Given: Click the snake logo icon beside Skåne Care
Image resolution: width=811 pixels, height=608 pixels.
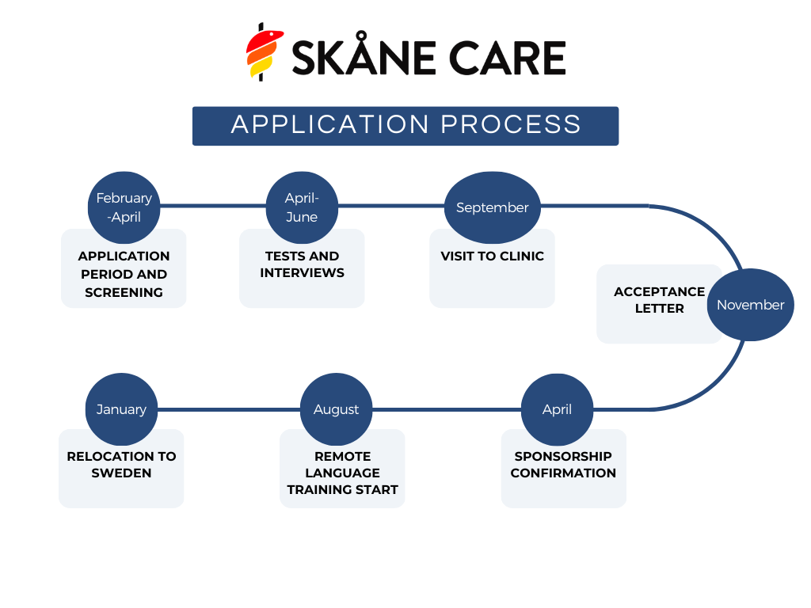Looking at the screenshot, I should pos(264,52).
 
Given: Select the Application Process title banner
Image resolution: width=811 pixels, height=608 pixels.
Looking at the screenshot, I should pos(405,126).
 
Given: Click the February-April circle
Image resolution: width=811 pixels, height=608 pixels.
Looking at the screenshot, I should pos(124,207).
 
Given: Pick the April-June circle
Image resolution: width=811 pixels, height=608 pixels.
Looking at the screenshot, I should pos(301,207).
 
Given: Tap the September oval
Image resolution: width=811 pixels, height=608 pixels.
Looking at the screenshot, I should pos(492,207).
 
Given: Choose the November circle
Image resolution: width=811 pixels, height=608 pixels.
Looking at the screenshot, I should pos(750,305).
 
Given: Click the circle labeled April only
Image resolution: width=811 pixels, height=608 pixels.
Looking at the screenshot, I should pos(557,409).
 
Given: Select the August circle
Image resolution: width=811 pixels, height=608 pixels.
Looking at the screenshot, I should pos(336,409).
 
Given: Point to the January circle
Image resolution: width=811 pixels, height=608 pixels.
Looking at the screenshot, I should pos(121,409).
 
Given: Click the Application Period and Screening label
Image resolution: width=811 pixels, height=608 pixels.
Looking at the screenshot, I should pos(124,274).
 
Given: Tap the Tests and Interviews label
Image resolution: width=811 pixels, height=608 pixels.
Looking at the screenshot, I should pos(302,264).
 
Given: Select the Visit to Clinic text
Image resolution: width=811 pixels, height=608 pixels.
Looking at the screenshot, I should pos(492,256).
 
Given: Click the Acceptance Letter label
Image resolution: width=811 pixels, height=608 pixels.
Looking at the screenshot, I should pos(659,300).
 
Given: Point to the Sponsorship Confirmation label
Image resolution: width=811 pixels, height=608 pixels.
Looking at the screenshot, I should pos(563,465).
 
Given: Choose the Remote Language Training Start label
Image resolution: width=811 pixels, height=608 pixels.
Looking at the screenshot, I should pos(342,473).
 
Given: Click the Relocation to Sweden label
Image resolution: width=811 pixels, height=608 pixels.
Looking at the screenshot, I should pos(121,465).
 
